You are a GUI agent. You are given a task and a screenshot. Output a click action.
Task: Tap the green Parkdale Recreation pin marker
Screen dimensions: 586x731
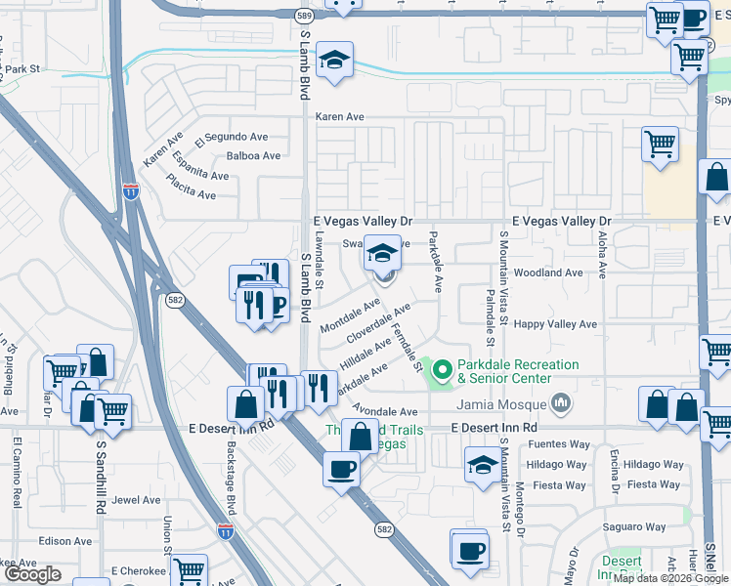[x=441, y=370]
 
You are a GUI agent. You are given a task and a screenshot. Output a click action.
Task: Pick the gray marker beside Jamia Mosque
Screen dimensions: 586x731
[x=561, y=401]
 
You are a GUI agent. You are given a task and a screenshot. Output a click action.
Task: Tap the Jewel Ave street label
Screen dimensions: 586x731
[x=136, y=500]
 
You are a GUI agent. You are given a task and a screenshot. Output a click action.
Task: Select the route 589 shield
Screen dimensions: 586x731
[x=305, y=16]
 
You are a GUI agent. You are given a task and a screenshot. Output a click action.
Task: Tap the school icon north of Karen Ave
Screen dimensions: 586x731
[x=334, y=61]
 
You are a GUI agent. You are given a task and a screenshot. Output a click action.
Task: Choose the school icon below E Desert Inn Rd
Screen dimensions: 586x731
[x=482, y=465]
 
